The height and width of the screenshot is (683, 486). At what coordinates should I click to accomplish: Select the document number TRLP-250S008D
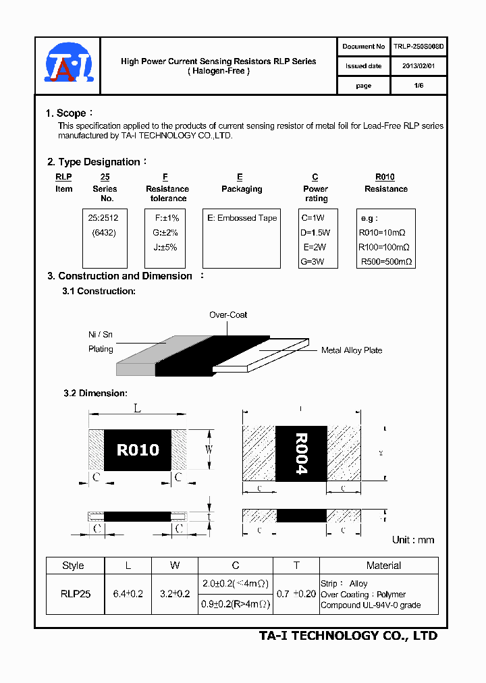click(418, 47)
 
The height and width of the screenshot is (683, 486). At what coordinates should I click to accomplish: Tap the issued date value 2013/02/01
click(418, 66)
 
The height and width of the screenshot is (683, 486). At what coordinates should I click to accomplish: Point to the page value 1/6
click(418, 86)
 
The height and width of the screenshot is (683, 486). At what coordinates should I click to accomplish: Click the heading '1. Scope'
click(66, 113)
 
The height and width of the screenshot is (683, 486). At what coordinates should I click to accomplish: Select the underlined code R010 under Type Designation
click(385, 177)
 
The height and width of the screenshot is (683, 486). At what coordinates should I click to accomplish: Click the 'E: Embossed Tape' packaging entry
click(242, 218)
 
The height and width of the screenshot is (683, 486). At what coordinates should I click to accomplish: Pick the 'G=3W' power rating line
click(313, 261)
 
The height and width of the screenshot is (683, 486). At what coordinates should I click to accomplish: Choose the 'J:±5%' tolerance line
click(166, 247)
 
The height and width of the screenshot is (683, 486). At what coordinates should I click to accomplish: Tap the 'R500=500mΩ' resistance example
click(385, 261)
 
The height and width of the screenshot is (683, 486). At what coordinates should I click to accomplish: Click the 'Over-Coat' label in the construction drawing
click(228, 315)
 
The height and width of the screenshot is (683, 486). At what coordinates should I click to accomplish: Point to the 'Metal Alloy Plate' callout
click(352, 350)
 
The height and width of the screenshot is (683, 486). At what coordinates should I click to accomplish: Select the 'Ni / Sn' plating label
click(101, 335)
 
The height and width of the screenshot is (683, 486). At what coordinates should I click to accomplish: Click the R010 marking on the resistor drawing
click(138, 450)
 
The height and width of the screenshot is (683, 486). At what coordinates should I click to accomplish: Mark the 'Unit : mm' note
click(413, 540)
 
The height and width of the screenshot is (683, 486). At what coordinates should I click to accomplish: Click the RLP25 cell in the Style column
click(75, 594)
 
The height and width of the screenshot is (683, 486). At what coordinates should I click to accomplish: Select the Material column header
click(383, 566)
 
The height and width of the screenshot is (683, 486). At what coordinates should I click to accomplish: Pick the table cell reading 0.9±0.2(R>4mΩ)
click(236, 605)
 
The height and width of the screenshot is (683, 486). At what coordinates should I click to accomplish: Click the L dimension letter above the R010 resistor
click(137, 409)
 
